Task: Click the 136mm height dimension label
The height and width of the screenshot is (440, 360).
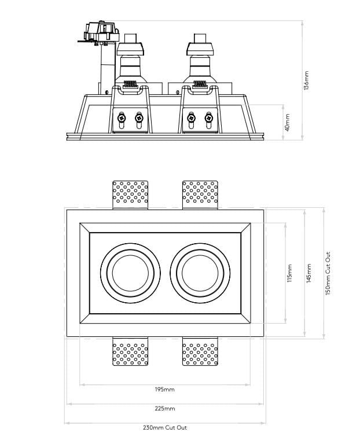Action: tap(307, 80)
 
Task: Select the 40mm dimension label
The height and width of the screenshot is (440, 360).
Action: tap(288, 122)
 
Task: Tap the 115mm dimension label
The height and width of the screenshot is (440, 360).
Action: tap(289, 273)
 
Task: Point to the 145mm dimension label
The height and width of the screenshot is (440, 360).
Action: tap(309, 273)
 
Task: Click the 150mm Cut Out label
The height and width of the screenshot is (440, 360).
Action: tap(328, 273)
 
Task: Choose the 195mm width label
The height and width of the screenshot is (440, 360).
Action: tap(165, 390)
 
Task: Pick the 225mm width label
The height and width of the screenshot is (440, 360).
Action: tap(165, 409)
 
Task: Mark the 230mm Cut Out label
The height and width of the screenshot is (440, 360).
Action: tap(165, 428)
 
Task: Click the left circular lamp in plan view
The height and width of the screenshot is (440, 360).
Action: tap(130, 273)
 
